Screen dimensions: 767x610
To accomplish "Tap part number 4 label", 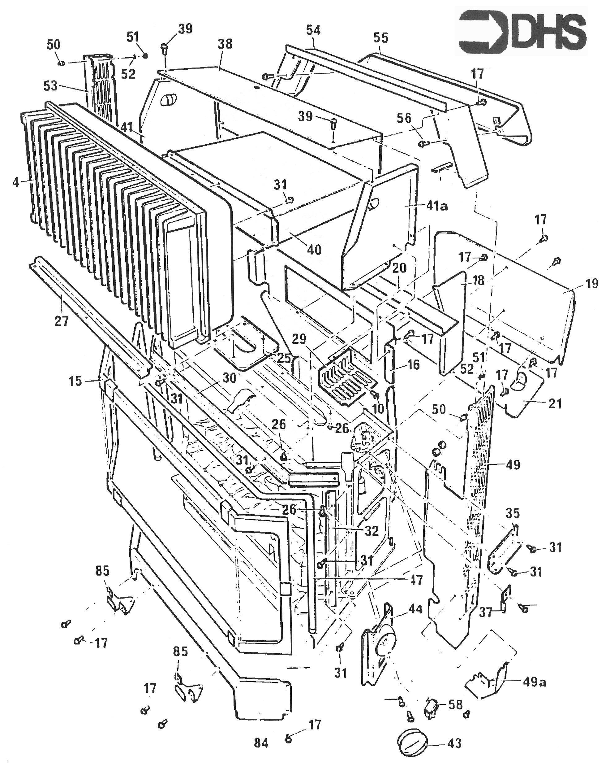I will pos(16,182).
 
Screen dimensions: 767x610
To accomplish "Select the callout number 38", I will pos(225,44).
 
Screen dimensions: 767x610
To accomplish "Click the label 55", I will pos(381,38).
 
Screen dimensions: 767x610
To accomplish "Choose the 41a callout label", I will pos(436,206).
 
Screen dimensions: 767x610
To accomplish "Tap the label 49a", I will pos(534,682).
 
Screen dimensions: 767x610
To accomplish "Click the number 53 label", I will pos(50,86).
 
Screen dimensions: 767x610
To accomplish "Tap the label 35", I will pos(512,513).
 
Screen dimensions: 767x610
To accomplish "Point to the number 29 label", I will pos(299,339).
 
